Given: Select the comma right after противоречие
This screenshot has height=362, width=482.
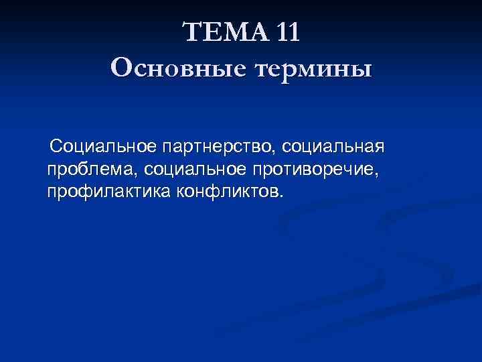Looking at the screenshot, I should coord(379,175).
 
